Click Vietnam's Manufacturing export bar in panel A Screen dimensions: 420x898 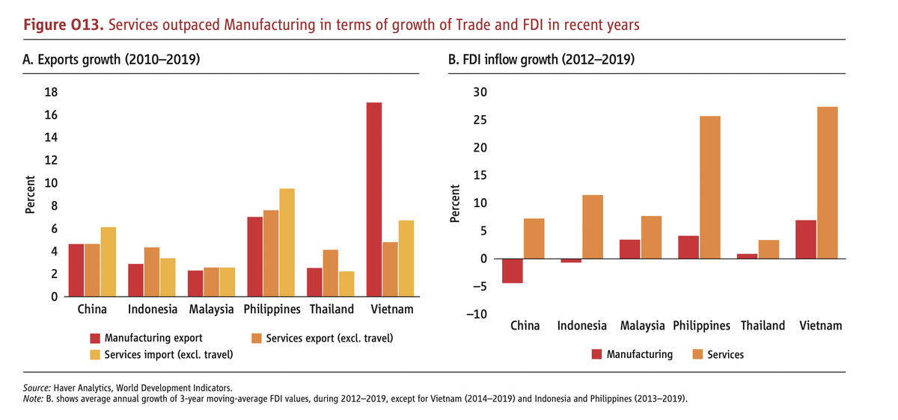tap(374, 200)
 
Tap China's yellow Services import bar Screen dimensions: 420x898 tap(108, 262)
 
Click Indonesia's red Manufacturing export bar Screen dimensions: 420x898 tap(135, 280)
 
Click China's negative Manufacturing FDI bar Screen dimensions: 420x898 tap(513, 271)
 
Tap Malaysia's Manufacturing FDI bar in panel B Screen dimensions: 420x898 tap(630, 250)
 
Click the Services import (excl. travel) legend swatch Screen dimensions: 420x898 tap(95, 354)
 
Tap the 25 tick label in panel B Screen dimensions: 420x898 tap(477, 120)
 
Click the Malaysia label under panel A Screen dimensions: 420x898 tap(212, 309)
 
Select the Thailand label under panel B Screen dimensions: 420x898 tap(763, 325)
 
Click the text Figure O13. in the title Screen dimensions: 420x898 tap(64, 25)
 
